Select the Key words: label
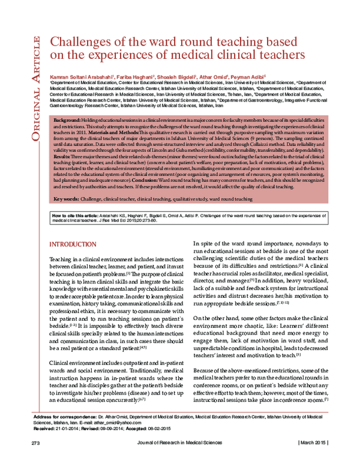[67, 198]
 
